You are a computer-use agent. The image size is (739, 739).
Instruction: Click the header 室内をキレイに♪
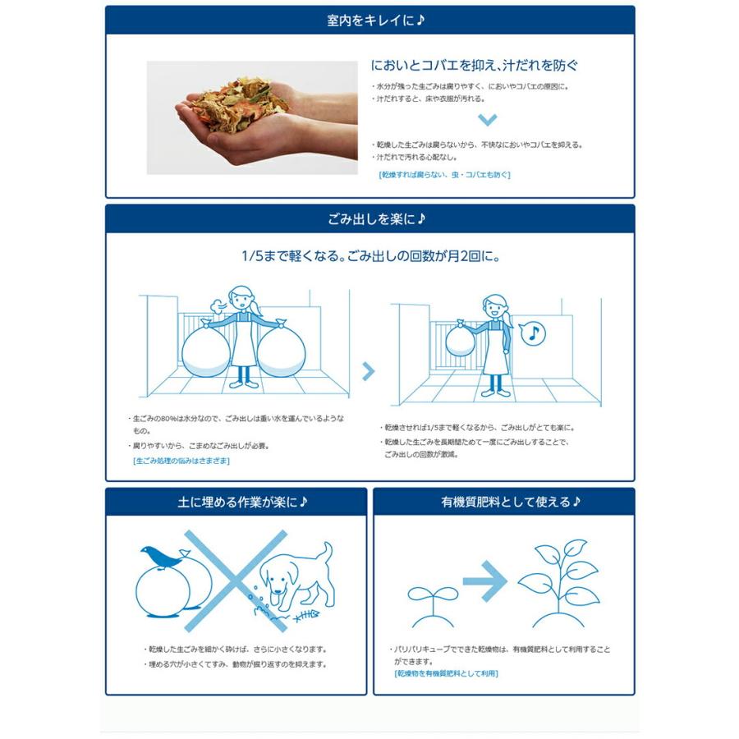click(x=369, y=21)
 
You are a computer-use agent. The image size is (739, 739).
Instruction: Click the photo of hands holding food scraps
click(x=252, y=117)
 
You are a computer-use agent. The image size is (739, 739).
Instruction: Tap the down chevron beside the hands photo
click(x=488, y=120)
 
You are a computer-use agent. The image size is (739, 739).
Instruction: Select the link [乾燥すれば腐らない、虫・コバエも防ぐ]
click(x=444, y=174)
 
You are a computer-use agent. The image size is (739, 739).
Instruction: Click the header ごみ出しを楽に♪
click(x=369, y=219)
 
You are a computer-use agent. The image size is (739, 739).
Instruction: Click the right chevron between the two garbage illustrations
click(x=369, y=371)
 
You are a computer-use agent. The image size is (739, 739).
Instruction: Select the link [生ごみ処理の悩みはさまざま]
click(x=181, y=461)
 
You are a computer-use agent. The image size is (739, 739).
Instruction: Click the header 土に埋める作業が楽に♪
click(x=236, y=502)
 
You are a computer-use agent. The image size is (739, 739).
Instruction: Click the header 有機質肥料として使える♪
click(x=504, y=502)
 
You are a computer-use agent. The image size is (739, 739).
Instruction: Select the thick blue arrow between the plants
click(x=486, y=581)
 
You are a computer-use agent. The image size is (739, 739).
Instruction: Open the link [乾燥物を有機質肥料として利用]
click(x=446, y=673)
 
